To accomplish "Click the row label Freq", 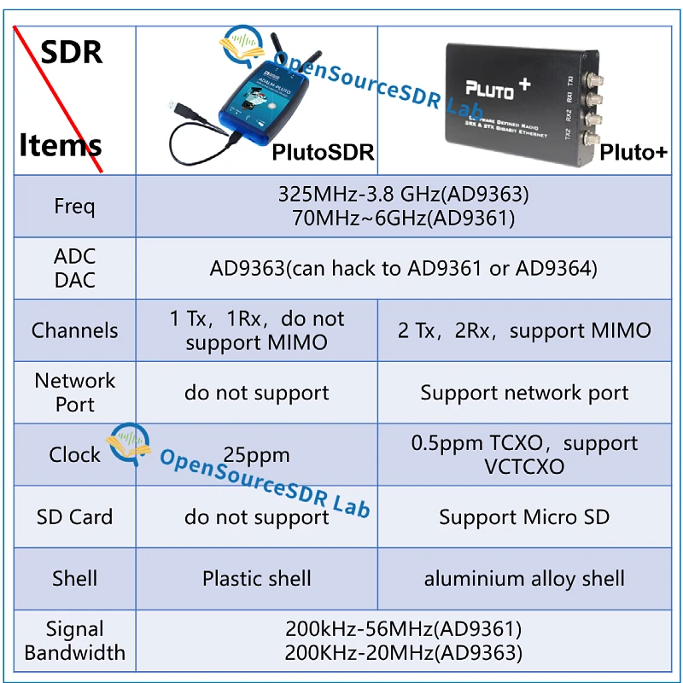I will (74, 206).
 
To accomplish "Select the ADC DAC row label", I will (74, 268).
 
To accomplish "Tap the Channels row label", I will (74, 330).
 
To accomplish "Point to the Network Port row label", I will (74, 393).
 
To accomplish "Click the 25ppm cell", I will (256, 455).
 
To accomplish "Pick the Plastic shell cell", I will (256, 578).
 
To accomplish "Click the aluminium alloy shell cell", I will (524, 578).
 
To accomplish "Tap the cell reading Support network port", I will (524, 393).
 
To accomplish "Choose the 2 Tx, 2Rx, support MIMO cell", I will (524, 330).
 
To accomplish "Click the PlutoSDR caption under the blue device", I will (323, 153).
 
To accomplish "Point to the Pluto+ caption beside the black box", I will (633, 153).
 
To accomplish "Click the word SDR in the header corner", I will (72, 53).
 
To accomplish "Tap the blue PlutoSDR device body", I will (256, 107).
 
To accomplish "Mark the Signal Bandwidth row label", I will (74, 641).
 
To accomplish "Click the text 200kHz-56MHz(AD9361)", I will (403, 629).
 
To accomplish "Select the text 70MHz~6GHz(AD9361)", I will (403, 219).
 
